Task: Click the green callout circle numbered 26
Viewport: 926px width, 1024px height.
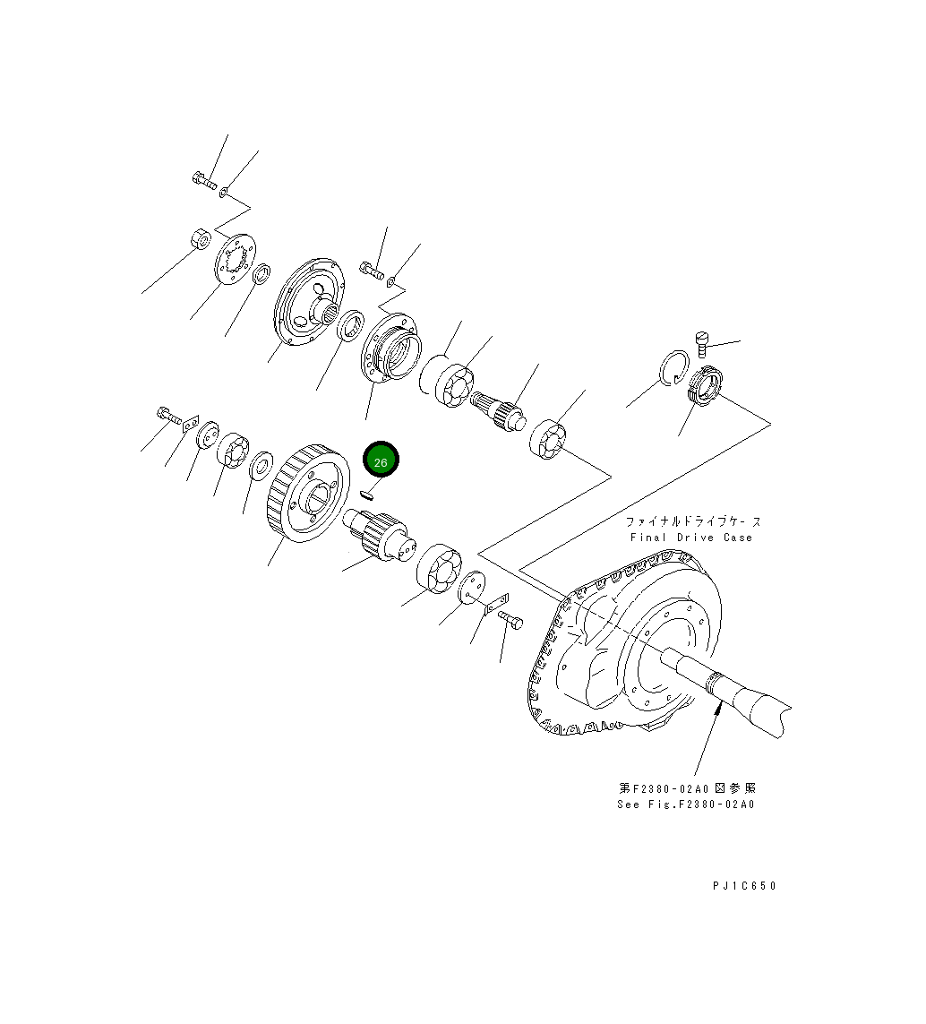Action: click(x=381, y=461)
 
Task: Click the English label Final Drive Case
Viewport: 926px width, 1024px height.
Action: click(x=690, y=538)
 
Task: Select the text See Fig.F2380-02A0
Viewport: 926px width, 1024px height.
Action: click(x=685, y=804)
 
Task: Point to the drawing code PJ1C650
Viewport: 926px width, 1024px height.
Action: click(x=744, y=886)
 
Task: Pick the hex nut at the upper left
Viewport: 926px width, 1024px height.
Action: click(x=201, y=240)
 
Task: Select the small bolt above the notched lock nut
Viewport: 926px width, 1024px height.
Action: click(x=702, y=341)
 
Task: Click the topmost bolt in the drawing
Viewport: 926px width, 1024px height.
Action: click(x=204, y=182)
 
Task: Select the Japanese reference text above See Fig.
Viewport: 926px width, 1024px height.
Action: click(x=686, y=787)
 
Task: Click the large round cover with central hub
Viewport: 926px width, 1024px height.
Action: click(x=308, y=300)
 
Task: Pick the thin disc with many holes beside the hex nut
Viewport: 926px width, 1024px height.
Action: click(x=235, y=259)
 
